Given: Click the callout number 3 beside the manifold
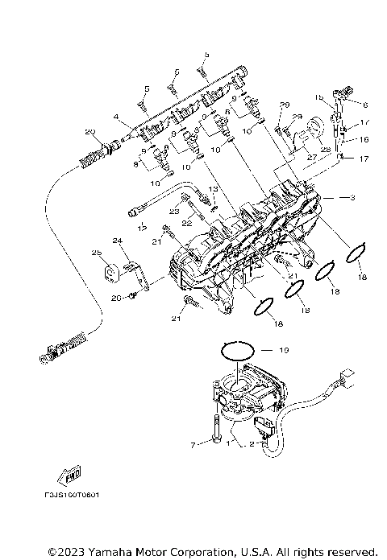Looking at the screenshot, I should click(352, 196).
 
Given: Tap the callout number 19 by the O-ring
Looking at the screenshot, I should click(283, 351).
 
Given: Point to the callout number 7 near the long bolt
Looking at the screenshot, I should click(193, 444).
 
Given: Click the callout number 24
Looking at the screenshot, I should click(116, 240).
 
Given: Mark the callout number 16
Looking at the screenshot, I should click(363, 139).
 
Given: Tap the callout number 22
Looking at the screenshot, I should click(185, 222).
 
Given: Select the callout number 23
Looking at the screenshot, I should click(173, 211).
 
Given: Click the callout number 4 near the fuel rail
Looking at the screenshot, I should click(116, 117).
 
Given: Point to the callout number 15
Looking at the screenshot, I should click(319, 97).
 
